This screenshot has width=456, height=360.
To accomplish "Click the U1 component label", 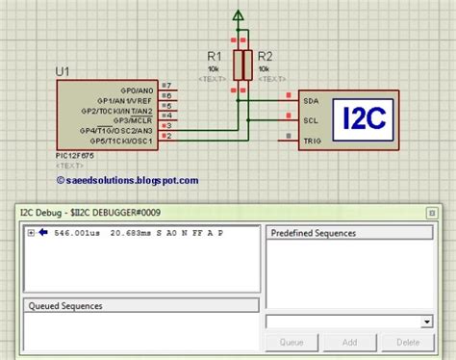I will pos(63,71).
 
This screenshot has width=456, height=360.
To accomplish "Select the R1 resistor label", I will pos(215,56).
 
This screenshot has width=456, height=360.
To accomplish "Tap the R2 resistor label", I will pos(267,56).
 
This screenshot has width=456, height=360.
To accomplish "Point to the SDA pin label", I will pos(311,100).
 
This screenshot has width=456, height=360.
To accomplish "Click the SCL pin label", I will pos(310,120).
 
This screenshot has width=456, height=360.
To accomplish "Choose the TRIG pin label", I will pos(312,141).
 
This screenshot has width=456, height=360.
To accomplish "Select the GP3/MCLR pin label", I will pos(136,117).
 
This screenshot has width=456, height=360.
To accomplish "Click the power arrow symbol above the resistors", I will pos(241,16).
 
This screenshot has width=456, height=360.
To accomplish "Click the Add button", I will pos(349,342).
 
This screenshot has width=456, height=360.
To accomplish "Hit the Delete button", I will pos(407,342).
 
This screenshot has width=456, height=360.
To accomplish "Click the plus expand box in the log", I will pos(32,233).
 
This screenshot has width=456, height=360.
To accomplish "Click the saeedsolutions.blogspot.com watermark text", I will pos(128,179).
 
